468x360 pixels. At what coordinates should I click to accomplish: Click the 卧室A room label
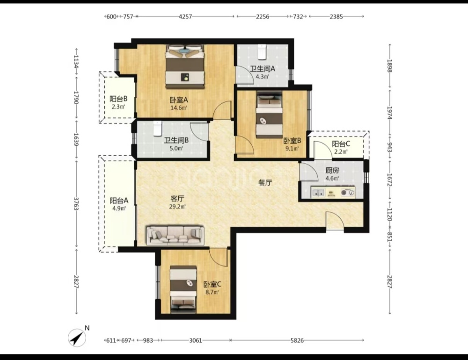[178, 100]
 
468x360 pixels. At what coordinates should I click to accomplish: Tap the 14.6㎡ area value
[178, 108]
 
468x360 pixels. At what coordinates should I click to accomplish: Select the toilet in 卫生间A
[262, 51]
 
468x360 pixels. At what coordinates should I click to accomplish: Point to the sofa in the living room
[175, 235]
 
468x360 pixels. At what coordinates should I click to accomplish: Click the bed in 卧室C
[183, 289]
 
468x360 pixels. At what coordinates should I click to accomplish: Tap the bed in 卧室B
[269, 115]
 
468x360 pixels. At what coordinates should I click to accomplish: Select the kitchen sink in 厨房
[318, 192]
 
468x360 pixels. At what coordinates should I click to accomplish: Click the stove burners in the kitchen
[348, 192]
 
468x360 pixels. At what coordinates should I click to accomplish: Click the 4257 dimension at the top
[185, 17]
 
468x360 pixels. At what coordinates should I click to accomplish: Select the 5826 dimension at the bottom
[297, 340]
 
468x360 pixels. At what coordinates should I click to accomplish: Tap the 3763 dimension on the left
[76, 204]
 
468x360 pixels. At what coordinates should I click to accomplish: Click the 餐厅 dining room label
[265, 183]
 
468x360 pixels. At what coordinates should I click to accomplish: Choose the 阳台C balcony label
[341, 144]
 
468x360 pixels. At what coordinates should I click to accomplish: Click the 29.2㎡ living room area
[177, 206]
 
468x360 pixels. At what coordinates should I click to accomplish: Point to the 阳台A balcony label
[119, 201]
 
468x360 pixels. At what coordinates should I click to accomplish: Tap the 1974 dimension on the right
[389, 113]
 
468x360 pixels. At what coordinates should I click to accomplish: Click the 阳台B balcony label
[118, 99]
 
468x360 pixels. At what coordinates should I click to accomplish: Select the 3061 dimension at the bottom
[196, 340]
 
